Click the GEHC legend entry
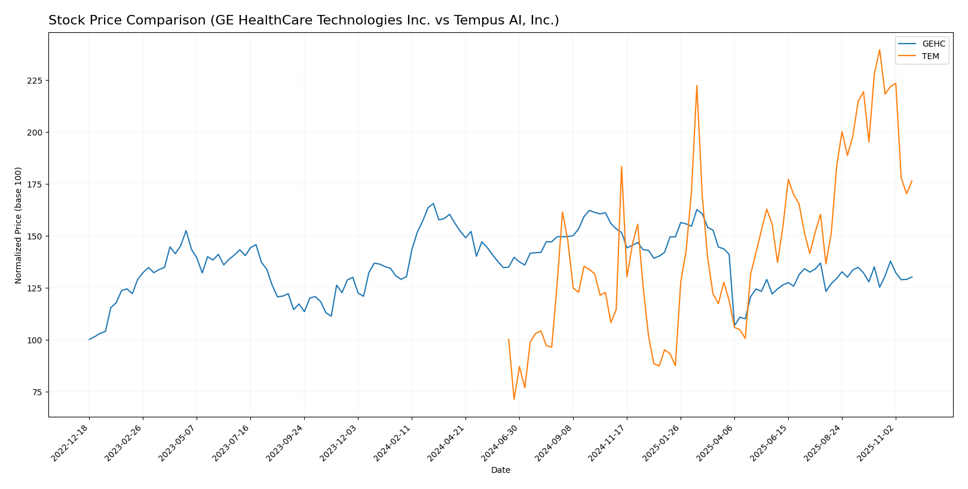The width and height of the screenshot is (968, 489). coord(933,44)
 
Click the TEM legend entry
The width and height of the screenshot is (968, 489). coord(930,57)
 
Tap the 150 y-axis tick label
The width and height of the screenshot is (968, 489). coord(35,236)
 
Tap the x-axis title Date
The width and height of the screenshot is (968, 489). coord(500,470)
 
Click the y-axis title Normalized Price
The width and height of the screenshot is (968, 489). coord(19,225)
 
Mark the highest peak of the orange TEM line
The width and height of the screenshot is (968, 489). coord(880,50)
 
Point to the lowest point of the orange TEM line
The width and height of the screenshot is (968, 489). coord(514,399)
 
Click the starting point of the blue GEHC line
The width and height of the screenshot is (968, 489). coord(90,340)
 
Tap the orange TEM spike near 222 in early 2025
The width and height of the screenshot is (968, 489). coord(697,85)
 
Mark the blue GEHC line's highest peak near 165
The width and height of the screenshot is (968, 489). coord(433,203)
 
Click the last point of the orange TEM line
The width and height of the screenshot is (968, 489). coord(912,180)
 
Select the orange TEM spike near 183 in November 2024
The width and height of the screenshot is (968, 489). coord(621,167)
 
